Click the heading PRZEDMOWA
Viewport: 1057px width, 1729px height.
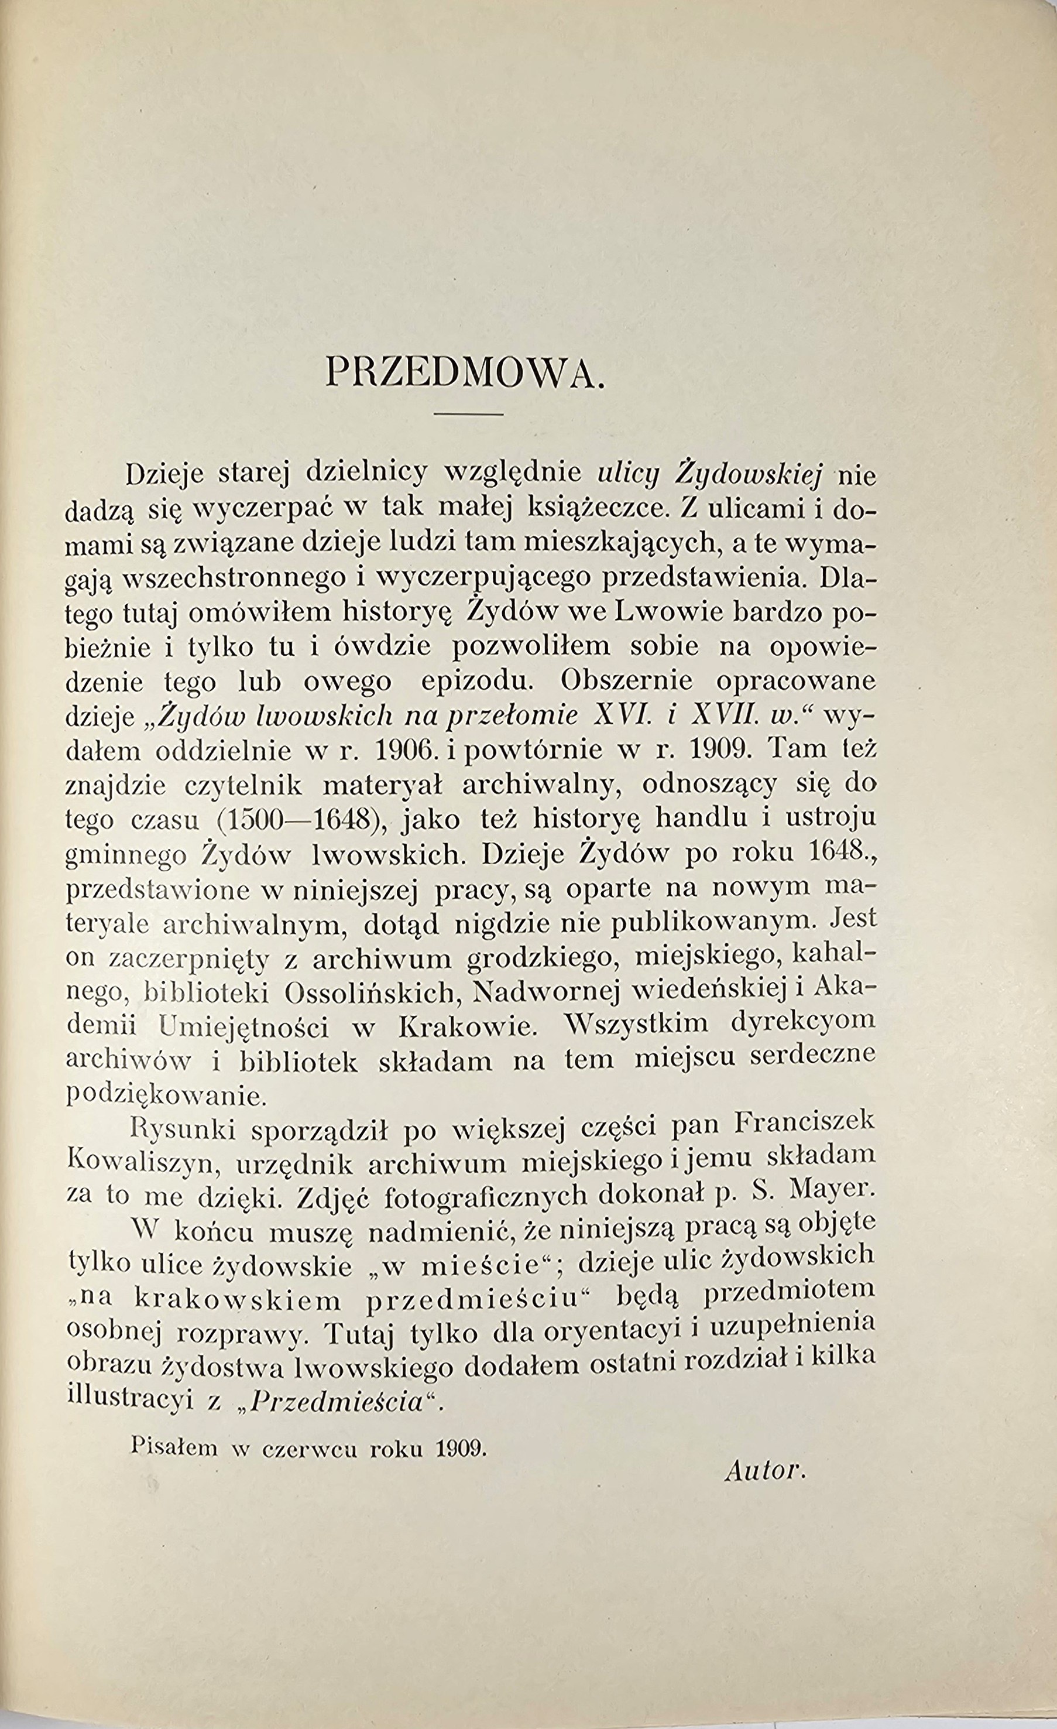[465, 374]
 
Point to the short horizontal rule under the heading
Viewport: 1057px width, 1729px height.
[469, 414]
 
